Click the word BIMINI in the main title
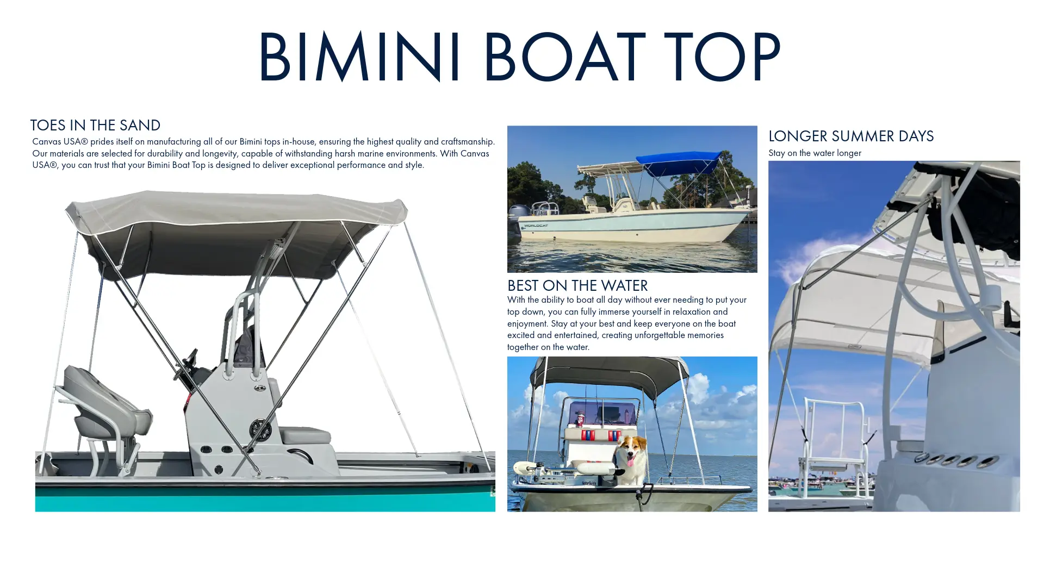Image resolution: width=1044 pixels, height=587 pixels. (x=359, y=56)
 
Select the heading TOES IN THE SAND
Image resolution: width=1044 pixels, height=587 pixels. (x=95, y=125)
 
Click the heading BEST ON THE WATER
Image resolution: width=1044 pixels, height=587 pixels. (x=577, y=285)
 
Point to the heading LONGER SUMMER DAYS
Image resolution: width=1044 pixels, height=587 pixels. (x=851, y=136)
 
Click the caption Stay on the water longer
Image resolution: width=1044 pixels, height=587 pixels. (x=815, y=153)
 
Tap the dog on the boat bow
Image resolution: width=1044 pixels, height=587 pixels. (x=631, y=459)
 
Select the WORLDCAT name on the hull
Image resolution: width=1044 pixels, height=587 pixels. (x=536, y=226)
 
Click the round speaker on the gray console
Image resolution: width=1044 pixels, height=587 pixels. (x=260, y=430)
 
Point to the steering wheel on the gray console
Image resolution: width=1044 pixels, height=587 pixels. (x=188, y=364)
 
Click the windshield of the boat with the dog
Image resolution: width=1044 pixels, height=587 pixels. (x=601, y=413)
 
